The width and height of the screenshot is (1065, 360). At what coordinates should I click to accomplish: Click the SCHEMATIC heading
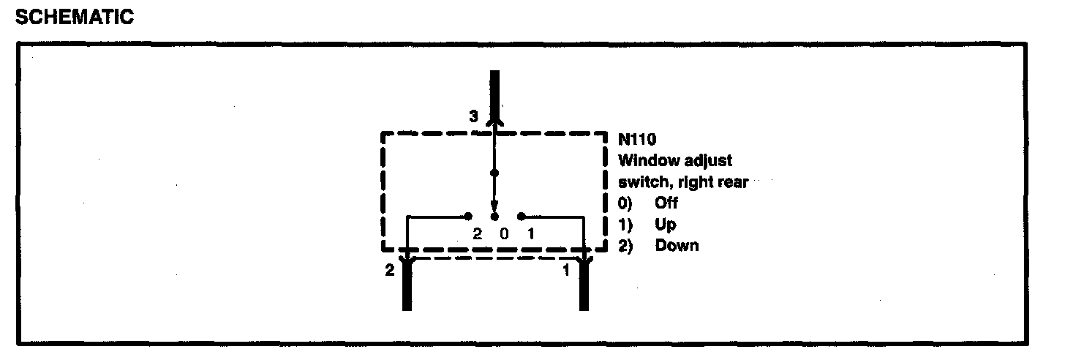tap(74, 18)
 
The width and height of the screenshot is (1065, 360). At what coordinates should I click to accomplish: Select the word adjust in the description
tap(708, 161)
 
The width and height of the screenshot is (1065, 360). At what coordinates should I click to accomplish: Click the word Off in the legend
tap(666, 203)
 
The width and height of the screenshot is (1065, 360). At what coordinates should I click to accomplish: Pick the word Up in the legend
tap(665, 225)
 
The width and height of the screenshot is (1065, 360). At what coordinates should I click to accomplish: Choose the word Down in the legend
tap(677, 245)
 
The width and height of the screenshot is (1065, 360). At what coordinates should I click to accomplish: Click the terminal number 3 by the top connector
tap(473, 116)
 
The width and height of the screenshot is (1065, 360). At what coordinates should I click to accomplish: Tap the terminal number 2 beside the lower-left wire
tap(389, 271)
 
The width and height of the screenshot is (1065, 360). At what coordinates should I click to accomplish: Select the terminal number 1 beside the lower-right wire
tap(565, 271)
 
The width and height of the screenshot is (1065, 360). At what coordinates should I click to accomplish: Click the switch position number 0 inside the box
tap(503, 234)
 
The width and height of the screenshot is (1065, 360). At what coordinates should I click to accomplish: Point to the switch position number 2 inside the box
tap(477, 234)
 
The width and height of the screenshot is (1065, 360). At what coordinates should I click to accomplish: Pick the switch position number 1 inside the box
tap(530, 234)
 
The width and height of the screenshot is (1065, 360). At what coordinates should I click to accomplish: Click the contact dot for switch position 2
tap(468, 217)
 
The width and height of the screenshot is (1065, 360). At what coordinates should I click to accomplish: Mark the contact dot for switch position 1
tap(521, 217)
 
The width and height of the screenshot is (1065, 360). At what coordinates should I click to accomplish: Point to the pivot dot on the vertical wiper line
tap(494, 173)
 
